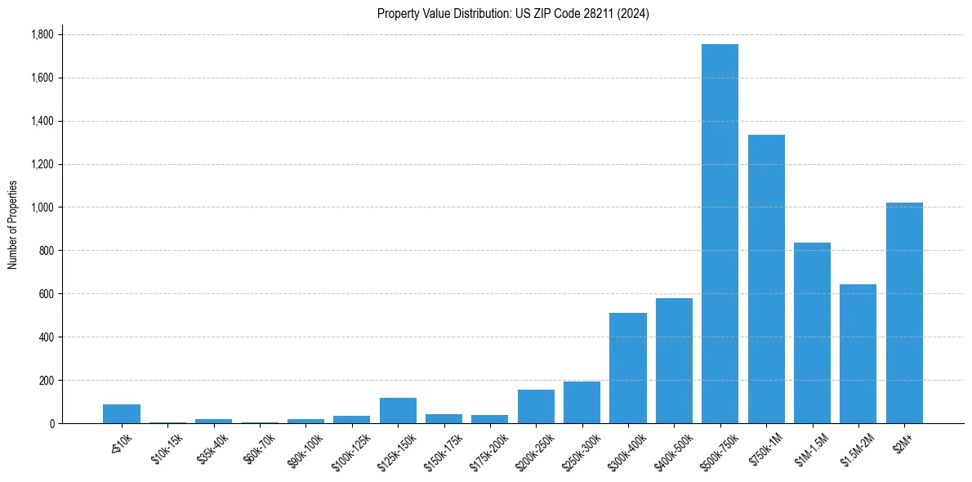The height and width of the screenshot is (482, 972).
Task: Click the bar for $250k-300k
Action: pyautogui.click(x=582, y=403)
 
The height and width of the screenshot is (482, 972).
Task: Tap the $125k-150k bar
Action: pyautogui.click(x=398, y=411)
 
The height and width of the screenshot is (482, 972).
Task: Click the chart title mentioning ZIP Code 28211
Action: pyautogui.click(x=513, y=14)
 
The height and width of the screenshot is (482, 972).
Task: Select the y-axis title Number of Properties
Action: pyautogui.click(x=12, y=225)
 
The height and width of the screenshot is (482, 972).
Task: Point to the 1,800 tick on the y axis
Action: pyautogui.click(x=42, y=35)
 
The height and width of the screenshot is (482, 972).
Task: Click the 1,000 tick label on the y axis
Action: pyautogui.click(x=42, y=208)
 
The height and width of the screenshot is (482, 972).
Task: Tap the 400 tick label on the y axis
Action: pyautogui.click(x=46, y=337)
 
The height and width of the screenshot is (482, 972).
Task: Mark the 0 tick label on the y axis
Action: pyautogui.click(x=51, y=424)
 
